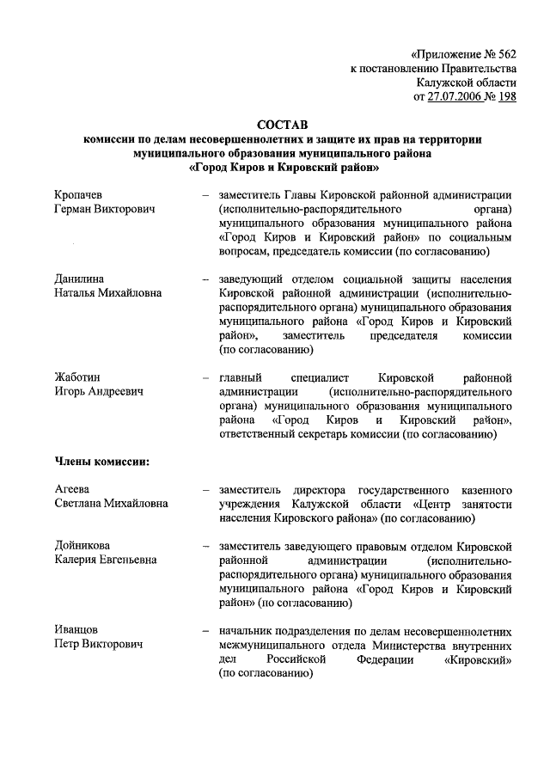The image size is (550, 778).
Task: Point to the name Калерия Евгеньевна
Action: [106, 561]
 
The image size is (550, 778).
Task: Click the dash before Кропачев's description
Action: [206, 194]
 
